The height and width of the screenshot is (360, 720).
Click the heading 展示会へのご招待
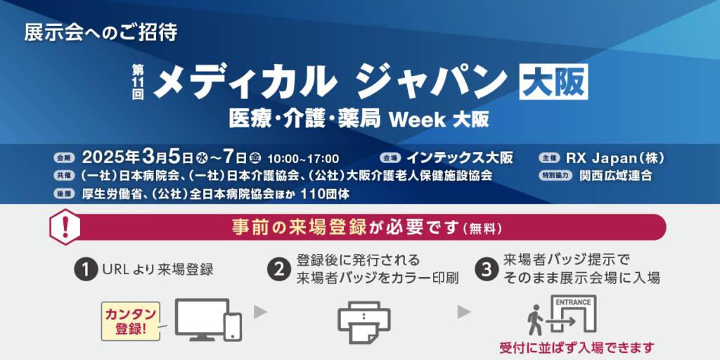point(101,34)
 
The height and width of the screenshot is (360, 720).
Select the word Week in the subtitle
point(418,120)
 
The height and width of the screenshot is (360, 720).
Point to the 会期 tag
point(63,159)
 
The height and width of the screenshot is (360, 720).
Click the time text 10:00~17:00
point(303,160)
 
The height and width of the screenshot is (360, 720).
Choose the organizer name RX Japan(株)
point(615,158)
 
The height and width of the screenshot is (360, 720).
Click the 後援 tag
point(63,194)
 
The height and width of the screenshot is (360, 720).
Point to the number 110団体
point(325,194)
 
